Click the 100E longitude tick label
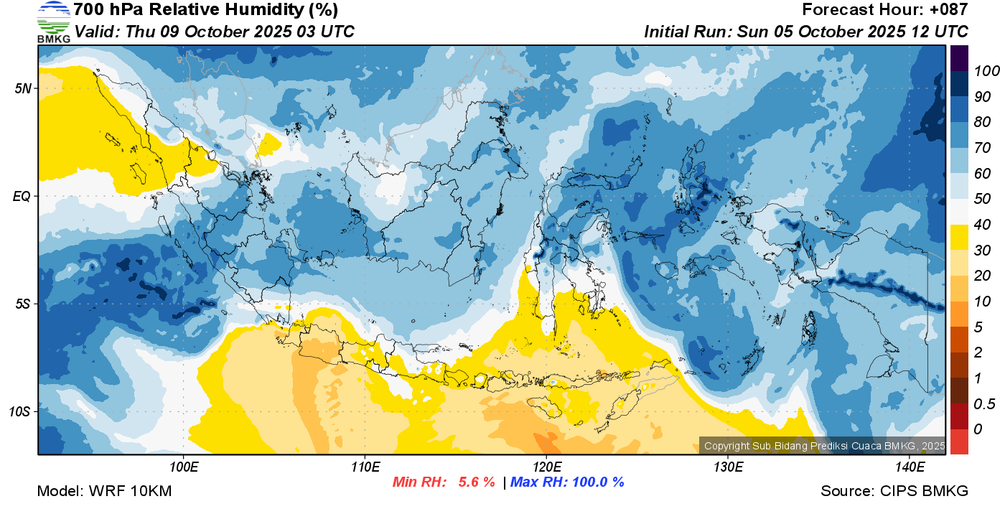(184, 467)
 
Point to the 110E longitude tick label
(365, 467)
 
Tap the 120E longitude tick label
(547, 467)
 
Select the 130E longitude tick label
(728, 467)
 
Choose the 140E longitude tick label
(910, 467)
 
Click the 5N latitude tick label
(23, 89)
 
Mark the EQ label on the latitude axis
(22, 197)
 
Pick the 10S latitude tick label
(20, 411)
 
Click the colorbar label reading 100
(986, 71)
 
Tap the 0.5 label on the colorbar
(984, 404)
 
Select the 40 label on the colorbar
(982, 225)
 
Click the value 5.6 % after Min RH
(477, 482)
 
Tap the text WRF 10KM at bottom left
(131, 491)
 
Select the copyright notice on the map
(824, 446)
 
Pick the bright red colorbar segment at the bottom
(959, 442)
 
